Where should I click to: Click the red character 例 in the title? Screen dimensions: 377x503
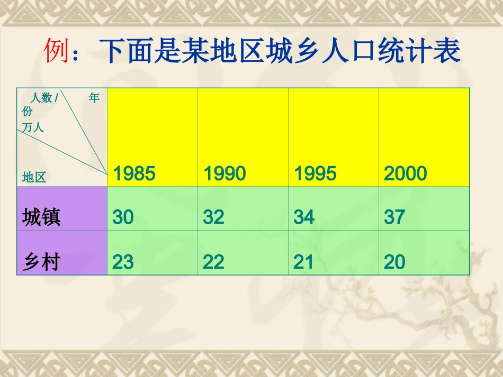coord(56,51)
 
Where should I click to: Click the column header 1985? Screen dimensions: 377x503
coord(134,173)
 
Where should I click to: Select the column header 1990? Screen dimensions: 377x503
coord(225,173)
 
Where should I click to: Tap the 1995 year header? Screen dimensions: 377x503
coord(316,173)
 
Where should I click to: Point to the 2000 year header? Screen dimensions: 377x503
coord(406,173)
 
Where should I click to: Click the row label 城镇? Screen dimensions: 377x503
coord(41,217)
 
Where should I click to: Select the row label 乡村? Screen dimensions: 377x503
coord(41,262)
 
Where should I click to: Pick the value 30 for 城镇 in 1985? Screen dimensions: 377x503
coord(123,217)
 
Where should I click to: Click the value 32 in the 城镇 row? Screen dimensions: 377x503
coord(214,217)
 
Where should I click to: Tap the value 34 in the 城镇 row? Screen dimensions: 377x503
coord(304,217)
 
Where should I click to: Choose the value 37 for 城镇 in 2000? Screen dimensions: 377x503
coord(395,217)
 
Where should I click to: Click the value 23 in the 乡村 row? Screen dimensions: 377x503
coord(123,262)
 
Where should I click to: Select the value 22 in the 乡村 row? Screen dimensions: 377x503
coord(214,262)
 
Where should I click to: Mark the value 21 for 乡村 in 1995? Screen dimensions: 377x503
coord(304,262)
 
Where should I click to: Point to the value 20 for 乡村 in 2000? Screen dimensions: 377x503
coord(395,262)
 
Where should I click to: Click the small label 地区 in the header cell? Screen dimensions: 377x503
coord(34,177)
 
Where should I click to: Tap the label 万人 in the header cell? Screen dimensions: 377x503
coord(33,127)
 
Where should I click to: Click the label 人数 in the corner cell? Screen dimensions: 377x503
coord(41,98)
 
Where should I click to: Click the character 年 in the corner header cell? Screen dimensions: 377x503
coord(94,98)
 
